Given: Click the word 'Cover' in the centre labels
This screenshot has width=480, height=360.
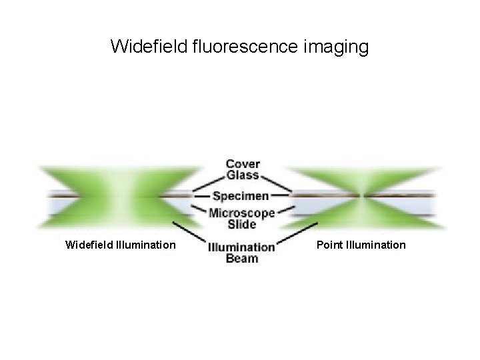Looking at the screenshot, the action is (243, 164).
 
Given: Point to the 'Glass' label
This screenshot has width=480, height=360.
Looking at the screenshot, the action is (243, 176).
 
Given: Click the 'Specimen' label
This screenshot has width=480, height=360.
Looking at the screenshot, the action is (241, 196).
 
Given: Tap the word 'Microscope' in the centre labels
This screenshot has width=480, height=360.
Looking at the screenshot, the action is (241, 213).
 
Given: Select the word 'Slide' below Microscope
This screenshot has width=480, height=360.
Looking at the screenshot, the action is (241, 224).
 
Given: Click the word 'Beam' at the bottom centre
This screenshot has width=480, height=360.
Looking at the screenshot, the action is (242, 259).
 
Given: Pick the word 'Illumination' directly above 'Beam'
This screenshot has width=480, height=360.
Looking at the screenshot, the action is (241, 247).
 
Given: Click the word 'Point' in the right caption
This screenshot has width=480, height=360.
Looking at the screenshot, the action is (329, 245).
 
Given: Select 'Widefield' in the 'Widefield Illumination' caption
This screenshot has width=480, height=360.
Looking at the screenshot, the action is (89, 245).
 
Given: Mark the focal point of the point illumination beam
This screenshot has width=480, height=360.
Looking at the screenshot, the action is (362, 196).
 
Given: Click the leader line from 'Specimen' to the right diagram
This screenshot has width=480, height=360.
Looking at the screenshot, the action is (281, 196).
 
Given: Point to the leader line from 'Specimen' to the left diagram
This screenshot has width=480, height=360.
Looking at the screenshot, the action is (202, 196).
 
